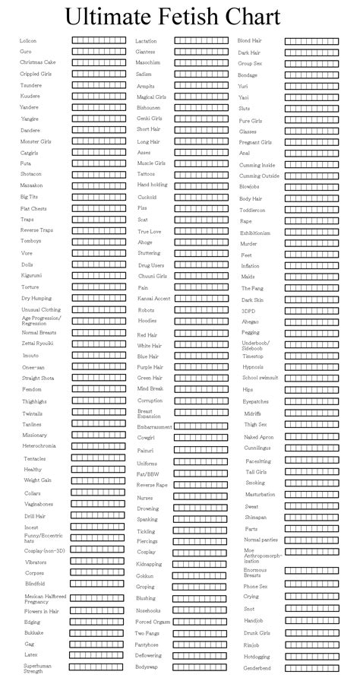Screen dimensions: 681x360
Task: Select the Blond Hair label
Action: point(250,40)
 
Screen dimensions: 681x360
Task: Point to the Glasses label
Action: point(248,131)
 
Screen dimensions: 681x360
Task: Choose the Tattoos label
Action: point(146,174)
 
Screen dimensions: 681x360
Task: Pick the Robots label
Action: point(146,311)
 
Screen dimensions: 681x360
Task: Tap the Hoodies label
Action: point(147,321)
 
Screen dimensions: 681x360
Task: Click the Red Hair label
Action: point(147,335)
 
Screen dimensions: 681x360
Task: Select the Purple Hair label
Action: point(150,367)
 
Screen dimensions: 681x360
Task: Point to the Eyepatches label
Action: point(255,401)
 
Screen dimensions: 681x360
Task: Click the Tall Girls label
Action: point(256,472)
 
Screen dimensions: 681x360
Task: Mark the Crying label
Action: point(251,597)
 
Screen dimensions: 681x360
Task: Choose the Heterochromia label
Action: point(39,445)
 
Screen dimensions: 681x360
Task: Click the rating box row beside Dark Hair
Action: point(312,52)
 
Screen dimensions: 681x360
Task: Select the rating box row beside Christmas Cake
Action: point(99,62)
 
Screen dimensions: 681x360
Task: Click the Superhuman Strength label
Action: point(34,667)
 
